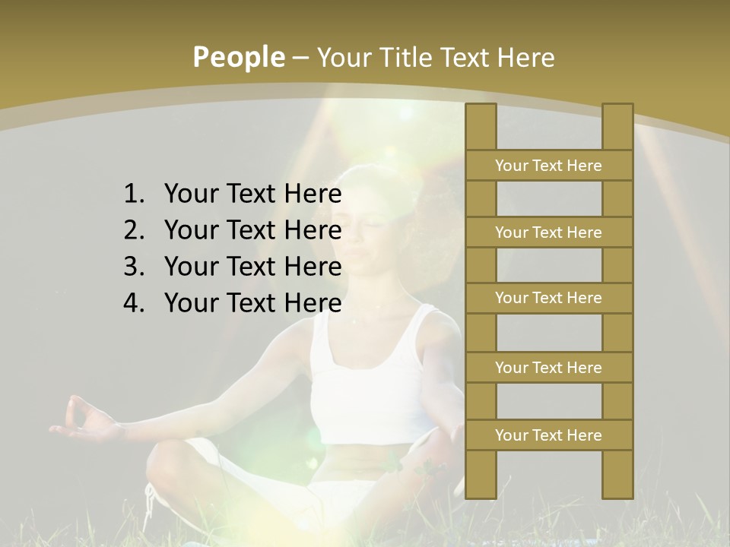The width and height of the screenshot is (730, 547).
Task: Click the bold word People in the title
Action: [238, 58]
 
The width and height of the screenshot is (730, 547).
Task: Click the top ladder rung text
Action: [548, 166]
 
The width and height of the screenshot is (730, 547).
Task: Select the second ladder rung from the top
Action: [548, 232]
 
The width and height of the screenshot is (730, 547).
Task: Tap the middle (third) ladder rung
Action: [548, 298]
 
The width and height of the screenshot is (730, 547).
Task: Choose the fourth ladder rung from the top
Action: [548, 368]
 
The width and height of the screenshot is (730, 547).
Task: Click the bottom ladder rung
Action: [548, 435]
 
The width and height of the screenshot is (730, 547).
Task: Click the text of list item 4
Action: [252, 303]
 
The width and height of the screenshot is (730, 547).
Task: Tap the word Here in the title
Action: [525, 58]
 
